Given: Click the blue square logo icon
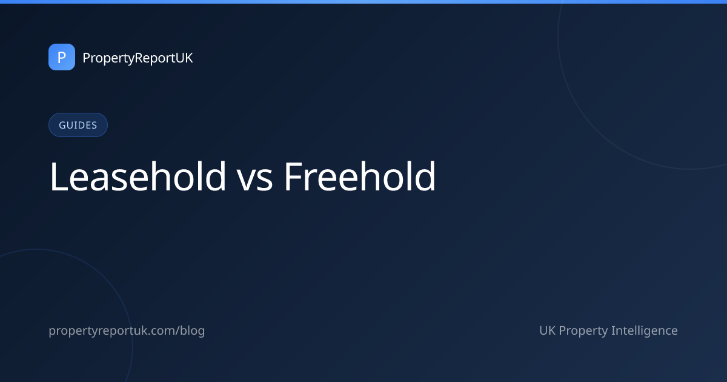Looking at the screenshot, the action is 62,57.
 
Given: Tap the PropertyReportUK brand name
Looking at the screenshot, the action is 138,58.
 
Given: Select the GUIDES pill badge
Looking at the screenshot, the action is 78,125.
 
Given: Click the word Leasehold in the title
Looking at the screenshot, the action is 138,176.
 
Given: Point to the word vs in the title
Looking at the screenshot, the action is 254,181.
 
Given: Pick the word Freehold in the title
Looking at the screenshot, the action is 360,176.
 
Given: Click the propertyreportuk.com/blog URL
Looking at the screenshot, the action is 127,331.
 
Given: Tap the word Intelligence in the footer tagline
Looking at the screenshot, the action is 644,331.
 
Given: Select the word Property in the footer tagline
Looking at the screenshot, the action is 583,331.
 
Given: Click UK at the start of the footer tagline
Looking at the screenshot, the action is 548,330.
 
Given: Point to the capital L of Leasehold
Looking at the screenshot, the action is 58,177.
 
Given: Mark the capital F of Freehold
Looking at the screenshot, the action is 293,177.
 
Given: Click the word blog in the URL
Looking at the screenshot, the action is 193,331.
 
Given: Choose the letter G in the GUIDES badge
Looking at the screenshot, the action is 62,125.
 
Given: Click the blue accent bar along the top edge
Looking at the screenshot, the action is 363,2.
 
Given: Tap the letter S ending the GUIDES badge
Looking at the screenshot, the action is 94,125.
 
